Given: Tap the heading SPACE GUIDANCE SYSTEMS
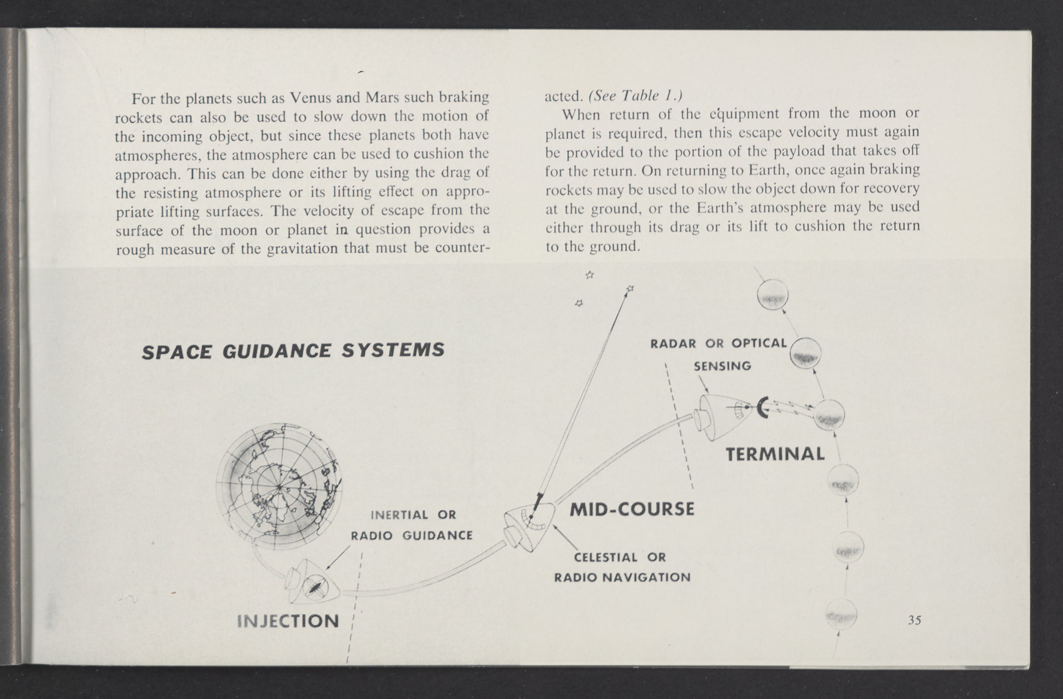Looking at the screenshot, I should (x=293, y=351).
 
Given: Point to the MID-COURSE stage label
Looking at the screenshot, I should (x=632, y=509).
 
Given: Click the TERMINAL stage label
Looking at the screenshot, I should (x=775, y=454).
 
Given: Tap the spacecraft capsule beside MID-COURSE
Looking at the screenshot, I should (x=529, y=527).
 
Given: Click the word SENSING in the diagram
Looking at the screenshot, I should (x=722, y=366).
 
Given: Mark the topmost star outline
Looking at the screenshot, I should (x=590, y=275).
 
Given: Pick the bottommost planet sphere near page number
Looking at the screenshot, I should (x=841, y=614).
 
